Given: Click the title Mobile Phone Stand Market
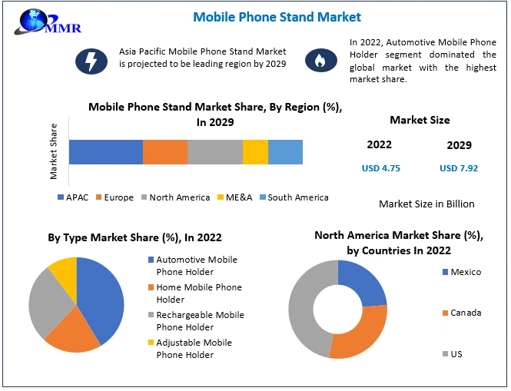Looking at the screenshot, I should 277,16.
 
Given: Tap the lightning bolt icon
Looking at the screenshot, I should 91,59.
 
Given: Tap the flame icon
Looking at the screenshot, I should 320,59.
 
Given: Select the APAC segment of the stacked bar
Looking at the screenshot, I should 106,152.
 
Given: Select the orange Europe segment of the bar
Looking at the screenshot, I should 165,152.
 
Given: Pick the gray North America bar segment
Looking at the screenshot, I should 215,152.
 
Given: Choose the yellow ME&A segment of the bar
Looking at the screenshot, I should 255,152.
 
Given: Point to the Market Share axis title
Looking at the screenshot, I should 54,151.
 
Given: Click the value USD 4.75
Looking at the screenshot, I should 381,168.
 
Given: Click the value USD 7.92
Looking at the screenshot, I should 459,168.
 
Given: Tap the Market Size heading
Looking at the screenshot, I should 420,120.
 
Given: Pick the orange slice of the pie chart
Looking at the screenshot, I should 73,330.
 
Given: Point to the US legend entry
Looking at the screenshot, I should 456,353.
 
